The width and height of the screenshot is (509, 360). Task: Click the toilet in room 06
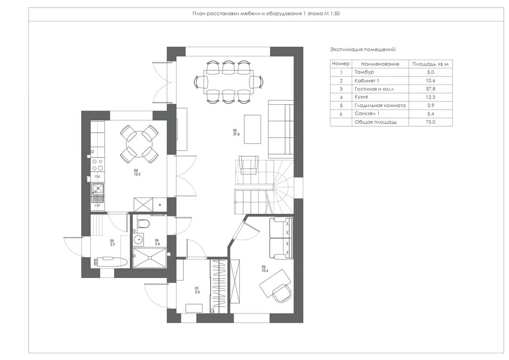point(145,224)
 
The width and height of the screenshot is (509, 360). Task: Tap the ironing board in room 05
point(110,261)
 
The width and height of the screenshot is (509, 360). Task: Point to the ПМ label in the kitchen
point(97,176)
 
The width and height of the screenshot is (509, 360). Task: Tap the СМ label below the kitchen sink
point(97,205)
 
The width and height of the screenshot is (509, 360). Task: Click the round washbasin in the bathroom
point(138,240)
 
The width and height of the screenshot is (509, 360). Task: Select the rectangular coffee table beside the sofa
point(252,129)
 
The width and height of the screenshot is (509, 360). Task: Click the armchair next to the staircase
point(248,166)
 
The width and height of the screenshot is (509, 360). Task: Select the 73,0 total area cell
point(431,122)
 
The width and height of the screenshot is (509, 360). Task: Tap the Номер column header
point(341,64)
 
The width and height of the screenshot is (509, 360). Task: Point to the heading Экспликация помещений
point(363,50)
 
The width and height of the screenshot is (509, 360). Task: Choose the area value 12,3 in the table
point(431,97)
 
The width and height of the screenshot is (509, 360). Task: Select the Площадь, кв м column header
point(431,64)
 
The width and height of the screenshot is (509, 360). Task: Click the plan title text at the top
point(266,14)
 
